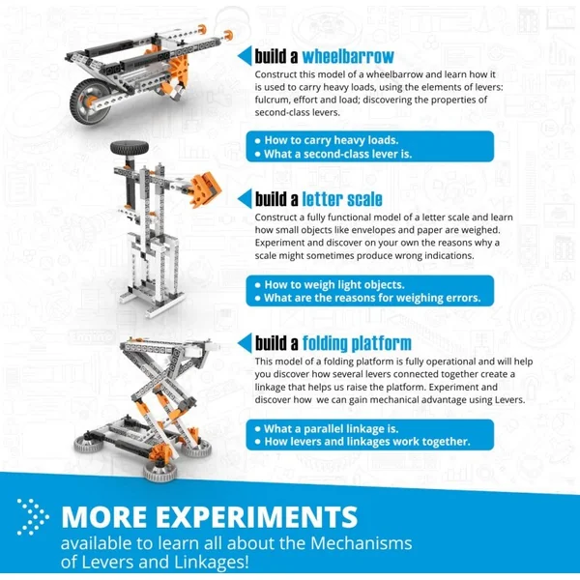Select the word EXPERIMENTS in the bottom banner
tap(260, 513)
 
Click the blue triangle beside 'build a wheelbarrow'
tap(246, 54)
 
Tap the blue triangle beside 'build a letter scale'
tap(246, 200)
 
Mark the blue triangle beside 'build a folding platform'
tap(246, 343)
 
